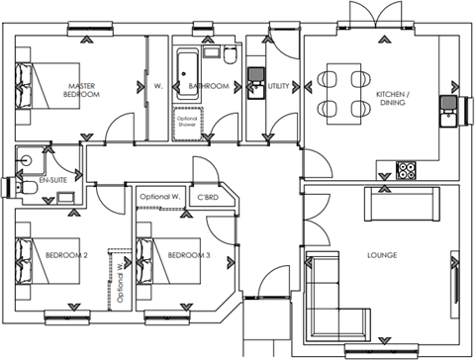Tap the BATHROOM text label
(x=209, y=87)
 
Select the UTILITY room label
(x=278, y=87)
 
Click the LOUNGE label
(x=381, y=255)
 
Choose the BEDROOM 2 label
(x=66, y=256)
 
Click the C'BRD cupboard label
(x=208, y=197)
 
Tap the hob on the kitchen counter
(x=407, y=170)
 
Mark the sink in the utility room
(x=255, y=73)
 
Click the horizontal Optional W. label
(x=158, y=197)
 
